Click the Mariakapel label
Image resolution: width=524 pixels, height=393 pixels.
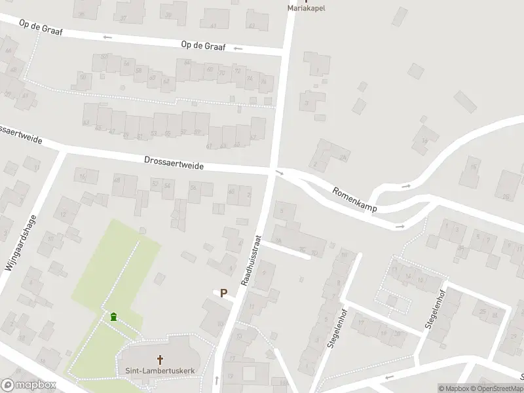point(307,9)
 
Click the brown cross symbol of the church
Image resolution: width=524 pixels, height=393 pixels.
point(159,360)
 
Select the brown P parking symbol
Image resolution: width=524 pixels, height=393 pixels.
point(223,293)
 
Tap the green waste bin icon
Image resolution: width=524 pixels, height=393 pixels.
point(114,317)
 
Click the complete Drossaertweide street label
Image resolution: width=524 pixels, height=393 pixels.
point(174,163)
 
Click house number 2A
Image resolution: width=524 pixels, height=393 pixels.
point(343,158)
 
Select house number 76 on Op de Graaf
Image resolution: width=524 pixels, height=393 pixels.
point(264,82)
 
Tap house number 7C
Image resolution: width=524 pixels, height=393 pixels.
point(302,249)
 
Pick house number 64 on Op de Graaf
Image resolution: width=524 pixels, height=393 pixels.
point(187,64)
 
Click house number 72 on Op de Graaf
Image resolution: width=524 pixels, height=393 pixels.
point(237,71)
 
